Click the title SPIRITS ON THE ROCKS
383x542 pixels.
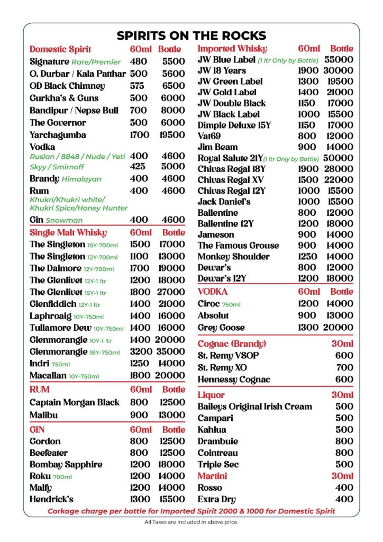point(191,35)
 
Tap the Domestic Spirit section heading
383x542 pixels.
point(60,49)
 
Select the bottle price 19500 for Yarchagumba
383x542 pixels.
point(172,135)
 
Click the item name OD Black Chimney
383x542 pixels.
point(67,86)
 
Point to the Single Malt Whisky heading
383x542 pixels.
point(68,232)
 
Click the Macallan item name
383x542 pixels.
point(48,376)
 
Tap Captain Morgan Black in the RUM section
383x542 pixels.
point(75,402)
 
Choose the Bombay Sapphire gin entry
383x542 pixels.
point(66,465)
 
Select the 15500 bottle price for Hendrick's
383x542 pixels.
point(172,499)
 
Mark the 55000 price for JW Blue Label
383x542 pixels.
point(339,60)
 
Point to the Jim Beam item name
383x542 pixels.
point(217,147)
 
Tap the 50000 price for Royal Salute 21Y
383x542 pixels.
point(339,158)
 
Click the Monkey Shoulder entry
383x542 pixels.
point(233,257)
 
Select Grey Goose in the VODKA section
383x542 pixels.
point(221,328)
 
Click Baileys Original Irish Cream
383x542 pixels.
point(254,406)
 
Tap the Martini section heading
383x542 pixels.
point(212,476)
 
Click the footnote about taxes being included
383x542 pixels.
point(191,522)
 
